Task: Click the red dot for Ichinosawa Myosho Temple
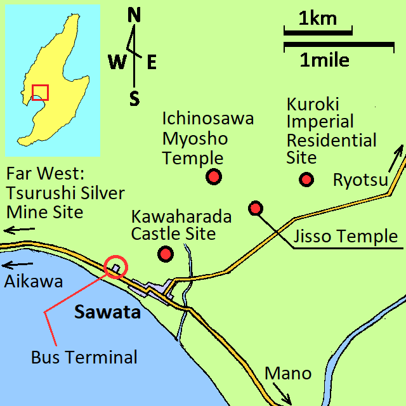(214, 177)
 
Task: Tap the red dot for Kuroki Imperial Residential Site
(307, 180)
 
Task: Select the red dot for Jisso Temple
(256, 207)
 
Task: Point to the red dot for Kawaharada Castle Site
(166, 254)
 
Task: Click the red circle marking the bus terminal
(116, 268)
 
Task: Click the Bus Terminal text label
(84, 357)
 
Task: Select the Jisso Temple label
(346, 237)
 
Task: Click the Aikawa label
(33, 282)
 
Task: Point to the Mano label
(288, 373)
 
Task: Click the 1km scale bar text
(317, 18)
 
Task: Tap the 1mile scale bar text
(325, 61)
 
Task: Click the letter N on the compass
(134, 16)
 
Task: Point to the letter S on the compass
(134, 98)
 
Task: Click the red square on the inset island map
(40, 92)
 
